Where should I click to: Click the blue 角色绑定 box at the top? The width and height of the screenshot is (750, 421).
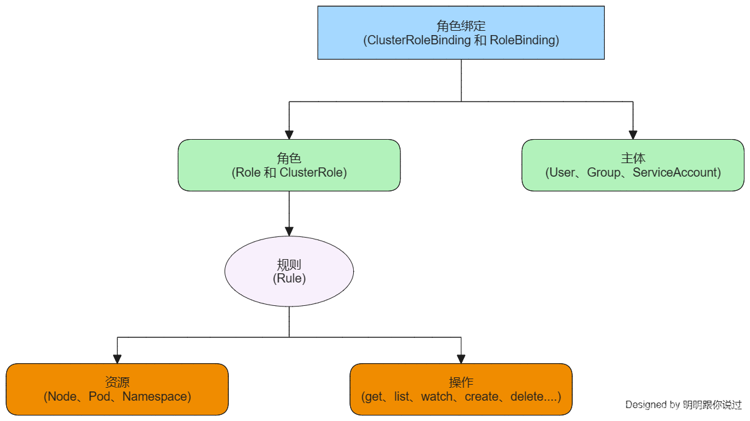[461, 33]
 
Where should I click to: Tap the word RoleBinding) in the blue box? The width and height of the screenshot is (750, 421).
[524, 41]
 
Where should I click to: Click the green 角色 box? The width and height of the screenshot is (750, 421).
[289, 165]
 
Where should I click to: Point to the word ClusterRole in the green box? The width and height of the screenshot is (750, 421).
[313, 173]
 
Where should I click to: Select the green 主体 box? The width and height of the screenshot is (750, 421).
[632, 165]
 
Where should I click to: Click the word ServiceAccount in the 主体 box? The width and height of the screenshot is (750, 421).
[676, 173]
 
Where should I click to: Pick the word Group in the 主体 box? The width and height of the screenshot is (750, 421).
[604, 173]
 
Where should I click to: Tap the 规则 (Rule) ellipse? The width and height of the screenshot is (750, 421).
[289, 271]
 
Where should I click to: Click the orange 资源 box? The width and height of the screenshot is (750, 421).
[117, 389]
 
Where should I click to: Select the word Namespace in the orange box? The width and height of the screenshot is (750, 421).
[156, 397]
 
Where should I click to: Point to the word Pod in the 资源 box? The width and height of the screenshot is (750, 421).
[98, 397]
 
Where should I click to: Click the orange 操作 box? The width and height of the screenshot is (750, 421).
[461, 389]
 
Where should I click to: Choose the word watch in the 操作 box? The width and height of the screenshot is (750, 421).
[437, 397]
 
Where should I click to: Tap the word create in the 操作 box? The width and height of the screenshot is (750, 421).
[481, 397]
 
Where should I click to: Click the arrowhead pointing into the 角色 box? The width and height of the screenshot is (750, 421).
[289, 135]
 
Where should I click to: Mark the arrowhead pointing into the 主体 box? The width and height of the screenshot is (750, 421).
[632, 135]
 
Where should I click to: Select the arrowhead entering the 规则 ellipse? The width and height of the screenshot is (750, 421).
[289, 231]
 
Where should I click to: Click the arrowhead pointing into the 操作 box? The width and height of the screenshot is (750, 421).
[461, 359]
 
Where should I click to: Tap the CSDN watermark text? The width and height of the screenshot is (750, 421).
[681, 408]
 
